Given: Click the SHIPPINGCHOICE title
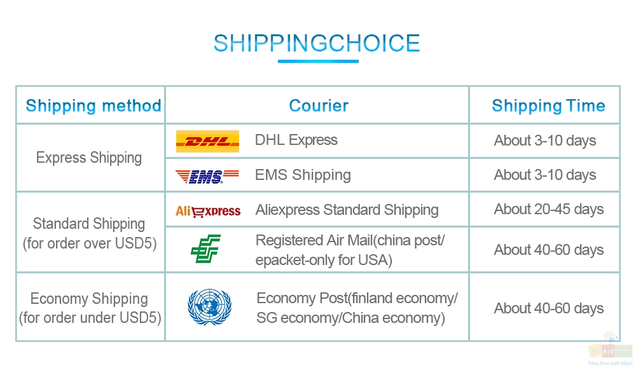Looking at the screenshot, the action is point(317,43).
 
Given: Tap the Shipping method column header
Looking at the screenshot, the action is point(93,106).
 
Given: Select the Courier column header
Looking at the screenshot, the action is point(319,106).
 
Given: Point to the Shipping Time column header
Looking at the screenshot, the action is point(548,106).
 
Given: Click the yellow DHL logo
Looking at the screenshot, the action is point(207,141).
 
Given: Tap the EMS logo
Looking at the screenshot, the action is point(207,176).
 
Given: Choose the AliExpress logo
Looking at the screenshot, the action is point(208,211).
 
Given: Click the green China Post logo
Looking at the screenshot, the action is point(205,249).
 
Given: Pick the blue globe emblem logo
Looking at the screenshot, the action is point(209,307).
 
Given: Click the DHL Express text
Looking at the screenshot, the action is point(296,140).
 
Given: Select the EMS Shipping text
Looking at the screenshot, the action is point(303,175).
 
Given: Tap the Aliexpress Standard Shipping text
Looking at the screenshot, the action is point(347,210).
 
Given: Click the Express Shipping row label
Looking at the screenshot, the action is point(89,158).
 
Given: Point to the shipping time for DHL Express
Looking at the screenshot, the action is point(545,140).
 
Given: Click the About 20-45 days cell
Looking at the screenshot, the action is point(548,210).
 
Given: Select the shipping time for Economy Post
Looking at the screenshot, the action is point(548,308).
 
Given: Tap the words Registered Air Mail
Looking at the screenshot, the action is point(314,240).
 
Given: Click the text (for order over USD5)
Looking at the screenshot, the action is point(90,243).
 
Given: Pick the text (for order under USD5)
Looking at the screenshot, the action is point(90,318).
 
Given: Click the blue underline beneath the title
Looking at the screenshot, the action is point(318,62).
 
